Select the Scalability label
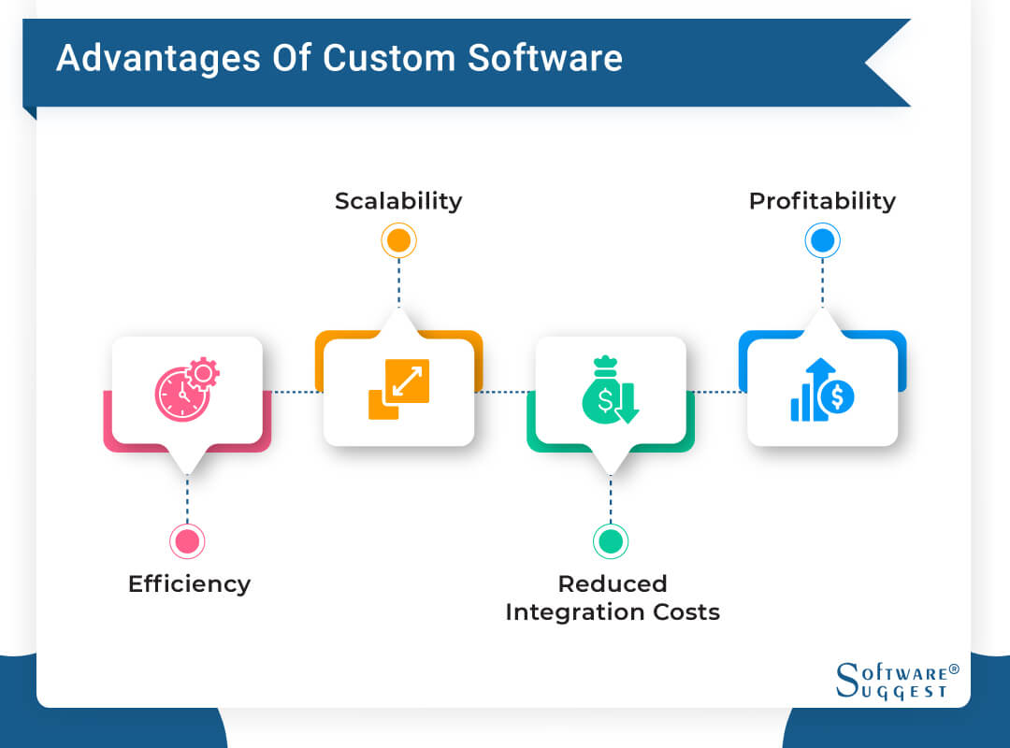[398, 201]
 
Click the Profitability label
[822, 201]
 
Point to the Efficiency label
[189, 583]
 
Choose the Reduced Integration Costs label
[613, 597]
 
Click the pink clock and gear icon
[186, 390]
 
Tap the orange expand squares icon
[398, 389]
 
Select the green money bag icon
[610, 391]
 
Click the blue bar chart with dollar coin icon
[822, 390]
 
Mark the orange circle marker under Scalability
[398, 241]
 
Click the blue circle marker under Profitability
[822, 241]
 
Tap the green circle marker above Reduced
[611, 540]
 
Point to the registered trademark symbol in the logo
[954, 669]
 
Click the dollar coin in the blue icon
[836, 397]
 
